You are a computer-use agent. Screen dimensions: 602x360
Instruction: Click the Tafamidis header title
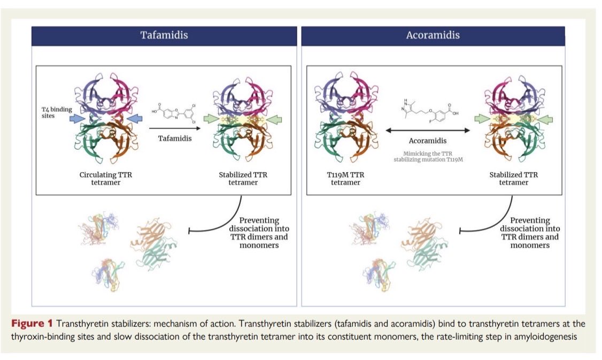[164, 36]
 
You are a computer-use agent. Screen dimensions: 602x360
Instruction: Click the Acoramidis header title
[433, 36]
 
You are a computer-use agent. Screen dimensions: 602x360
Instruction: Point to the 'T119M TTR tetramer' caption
[346, 179]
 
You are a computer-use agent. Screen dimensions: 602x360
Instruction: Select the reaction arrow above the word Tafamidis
[172, 128]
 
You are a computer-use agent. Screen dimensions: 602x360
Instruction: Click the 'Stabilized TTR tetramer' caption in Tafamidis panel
[238, 179]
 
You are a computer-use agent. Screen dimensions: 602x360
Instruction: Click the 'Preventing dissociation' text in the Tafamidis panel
[259, 233]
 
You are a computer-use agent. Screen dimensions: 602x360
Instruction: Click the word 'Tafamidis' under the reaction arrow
[173, 139]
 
